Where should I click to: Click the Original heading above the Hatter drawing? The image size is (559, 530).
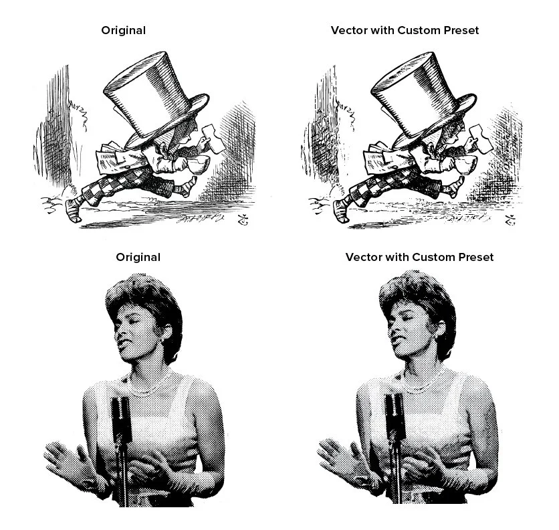coord(123,30)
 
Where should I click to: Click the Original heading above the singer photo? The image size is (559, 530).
coord(138,258)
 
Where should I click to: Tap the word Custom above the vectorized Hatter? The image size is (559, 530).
coord(419,30)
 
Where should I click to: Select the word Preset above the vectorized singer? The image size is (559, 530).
coord(476,258)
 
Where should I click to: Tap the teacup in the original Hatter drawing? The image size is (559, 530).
coord(199,164)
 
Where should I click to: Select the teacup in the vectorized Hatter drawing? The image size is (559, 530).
coord(466,165)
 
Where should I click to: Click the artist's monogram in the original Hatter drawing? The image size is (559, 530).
coord(243,220)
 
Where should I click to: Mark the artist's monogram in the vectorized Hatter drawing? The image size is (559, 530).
coord(510,220)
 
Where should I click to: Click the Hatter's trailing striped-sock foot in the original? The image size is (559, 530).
coord(74,211)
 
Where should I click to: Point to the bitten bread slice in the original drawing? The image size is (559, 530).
coord(213,139)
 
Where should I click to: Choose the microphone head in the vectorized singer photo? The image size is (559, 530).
coord(395,416)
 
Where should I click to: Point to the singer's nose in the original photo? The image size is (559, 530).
coord(119,335)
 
